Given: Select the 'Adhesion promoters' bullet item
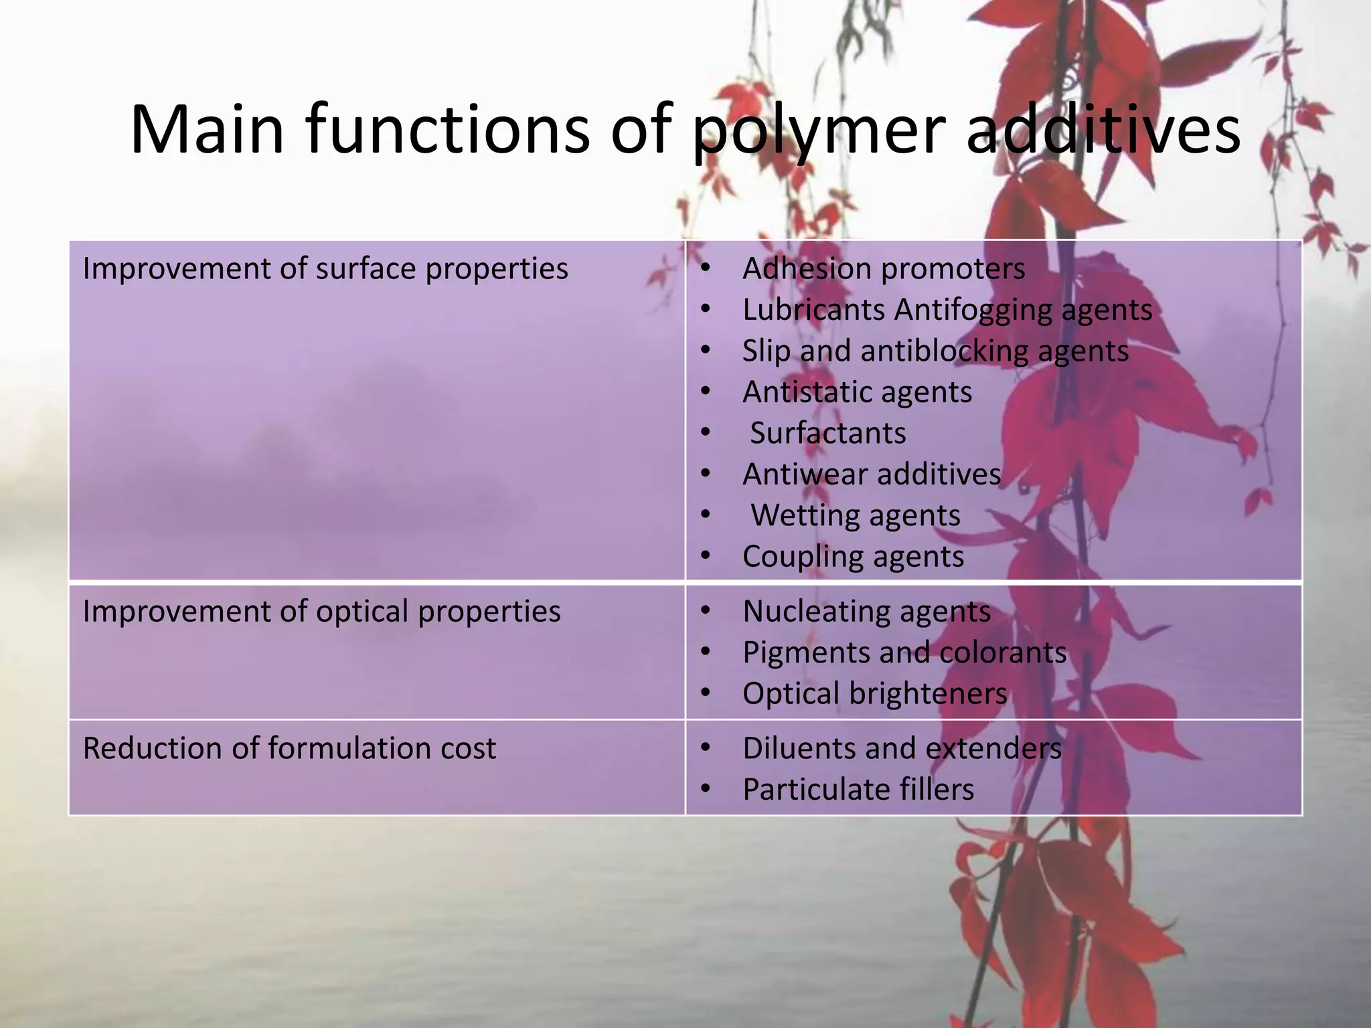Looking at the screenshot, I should pos(884,269).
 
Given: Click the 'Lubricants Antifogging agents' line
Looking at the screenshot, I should pos(947,310).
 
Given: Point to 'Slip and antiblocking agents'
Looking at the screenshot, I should pos(935,351).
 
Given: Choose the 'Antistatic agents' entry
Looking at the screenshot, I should pos(857,392).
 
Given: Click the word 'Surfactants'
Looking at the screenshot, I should pos(827,434).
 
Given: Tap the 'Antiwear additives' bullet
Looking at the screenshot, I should pos(872,475).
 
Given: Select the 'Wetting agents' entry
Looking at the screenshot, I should pos(855,516).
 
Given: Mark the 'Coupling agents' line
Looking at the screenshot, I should pos(853,557).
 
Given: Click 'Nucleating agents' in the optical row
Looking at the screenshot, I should pos(866,612).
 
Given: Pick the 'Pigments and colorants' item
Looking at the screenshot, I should pos(904,653).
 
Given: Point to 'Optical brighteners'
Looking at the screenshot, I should pos(874,694).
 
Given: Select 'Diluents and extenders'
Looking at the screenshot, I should pos(902,749).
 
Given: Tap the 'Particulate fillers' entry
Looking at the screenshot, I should pos(858,790).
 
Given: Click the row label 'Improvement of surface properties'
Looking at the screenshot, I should pos(325,269).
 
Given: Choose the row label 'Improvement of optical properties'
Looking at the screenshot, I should pos(321,612).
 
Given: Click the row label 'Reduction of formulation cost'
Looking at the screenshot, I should pos(289,749).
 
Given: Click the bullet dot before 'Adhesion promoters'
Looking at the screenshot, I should pos(704,270).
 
